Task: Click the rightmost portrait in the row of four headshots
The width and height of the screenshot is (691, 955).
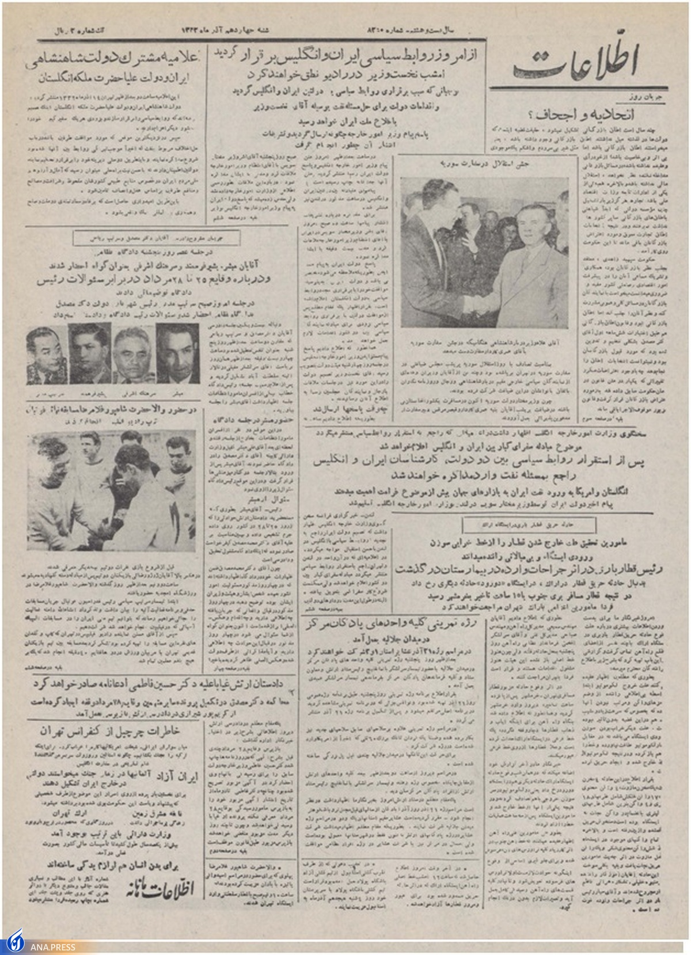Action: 177,353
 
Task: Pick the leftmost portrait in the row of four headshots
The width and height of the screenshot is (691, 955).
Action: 46,355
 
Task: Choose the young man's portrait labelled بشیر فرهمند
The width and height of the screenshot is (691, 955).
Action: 90,353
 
